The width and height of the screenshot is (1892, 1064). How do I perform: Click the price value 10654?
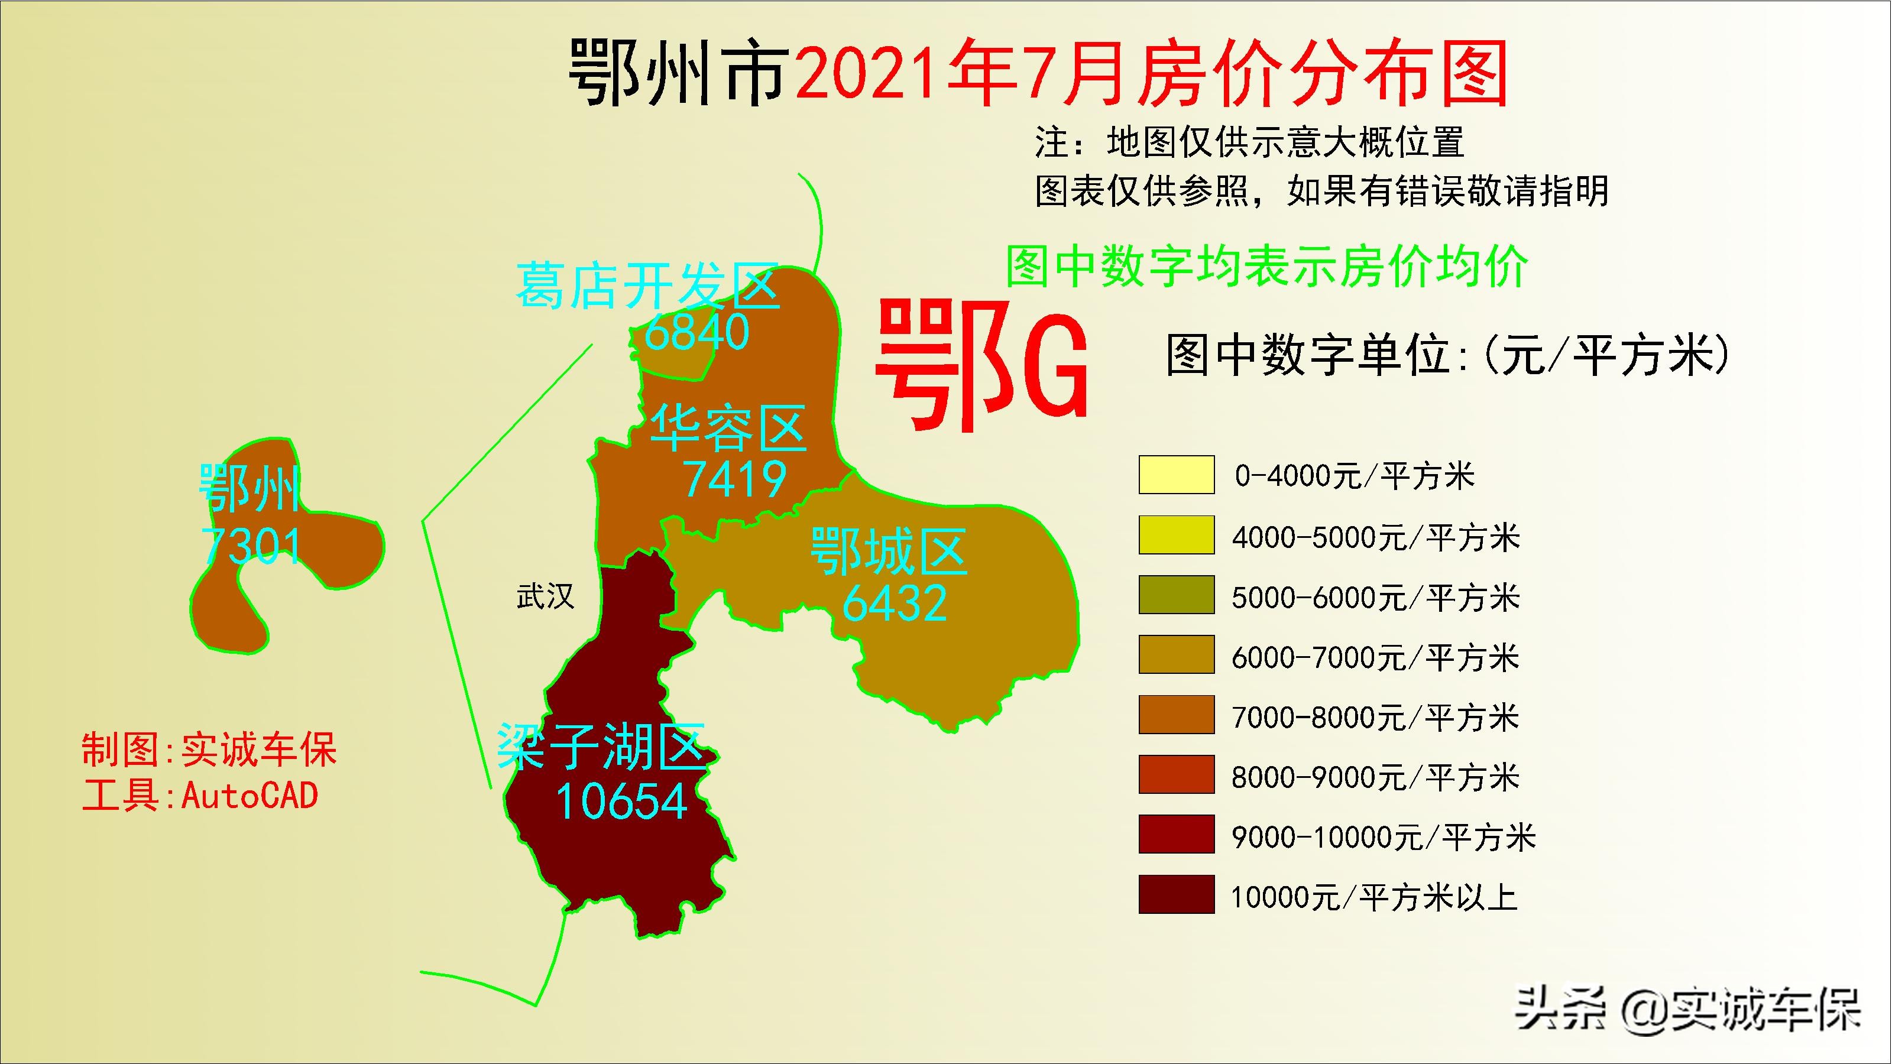pos(621,800)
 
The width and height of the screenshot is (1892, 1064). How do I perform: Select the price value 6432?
pos(895,604)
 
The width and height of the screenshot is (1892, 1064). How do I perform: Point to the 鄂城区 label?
pos(889,552)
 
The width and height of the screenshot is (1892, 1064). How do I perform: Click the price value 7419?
pos(734,479)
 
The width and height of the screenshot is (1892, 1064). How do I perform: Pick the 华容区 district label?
pos(728,428)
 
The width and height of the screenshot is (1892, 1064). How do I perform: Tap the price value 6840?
pos(696,333)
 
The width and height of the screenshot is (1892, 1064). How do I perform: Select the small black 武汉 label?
pos(545,596)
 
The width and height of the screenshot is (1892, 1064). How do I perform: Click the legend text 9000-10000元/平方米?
pos(1384,837)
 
